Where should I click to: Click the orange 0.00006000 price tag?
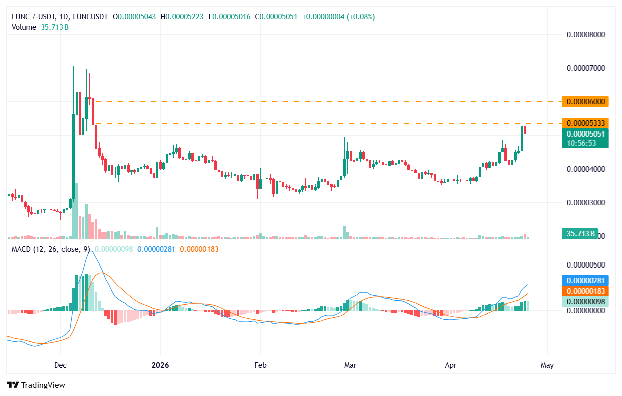click(x=585, y=101)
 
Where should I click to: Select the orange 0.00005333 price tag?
click(x=585, y=123)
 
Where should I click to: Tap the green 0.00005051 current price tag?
click(x=585, y=134)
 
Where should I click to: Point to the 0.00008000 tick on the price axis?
click(x=586, y=35)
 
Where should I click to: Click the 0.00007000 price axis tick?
click(x=586, y=68)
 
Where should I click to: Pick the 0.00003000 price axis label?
click(x=586, y=202)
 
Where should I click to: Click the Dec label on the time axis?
click(x=60, y=365)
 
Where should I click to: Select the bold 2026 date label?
click(x=160, y=365)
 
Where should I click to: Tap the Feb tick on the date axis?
click(x=260, y=365)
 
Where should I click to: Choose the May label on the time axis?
click(x=547, y=365)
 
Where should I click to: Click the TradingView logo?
click(x=36, y=385)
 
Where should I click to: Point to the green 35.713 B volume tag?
click(x=580, y=233)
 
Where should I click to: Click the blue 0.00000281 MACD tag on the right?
click(x=585, y=281)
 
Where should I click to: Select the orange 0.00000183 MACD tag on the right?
click(x=585, y=291)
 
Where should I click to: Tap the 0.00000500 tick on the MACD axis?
click(x=586, y=265)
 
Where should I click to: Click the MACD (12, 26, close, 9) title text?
click(x=51, y=249)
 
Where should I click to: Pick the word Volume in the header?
click(x=24, y=27)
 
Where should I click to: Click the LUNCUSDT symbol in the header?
click(x=90, y=17)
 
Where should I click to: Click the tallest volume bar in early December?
click(x=76, y=211)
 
